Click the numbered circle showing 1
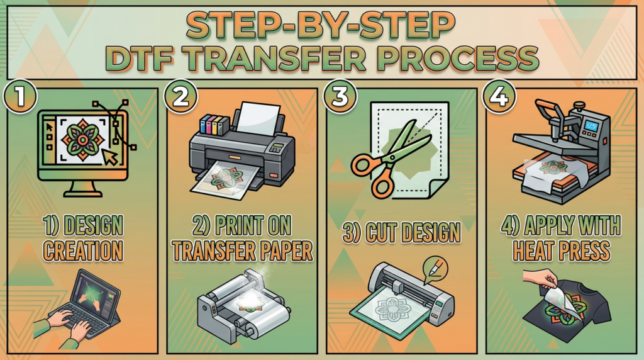tap(20, 97)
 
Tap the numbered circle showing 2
tap(180, 97)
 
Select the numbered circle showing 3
tap(340, 97)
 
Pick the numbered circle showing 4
tap(499, 97)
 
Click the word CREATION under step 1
tap(83, 250)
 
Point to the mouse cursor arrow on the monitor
tap(109, 157)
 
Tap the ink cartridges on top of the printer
tap(214, 125)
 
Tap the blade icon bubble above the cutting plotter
tap(435, 269)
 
